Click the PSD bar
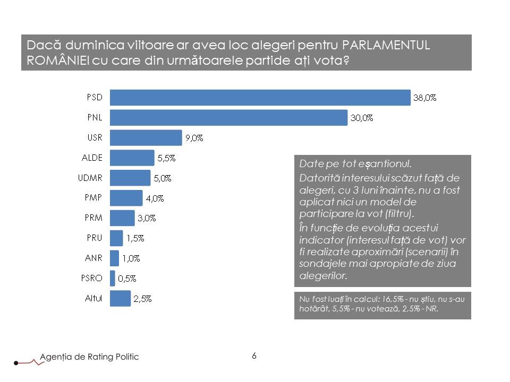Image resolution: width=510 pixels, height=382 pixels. point(260,98)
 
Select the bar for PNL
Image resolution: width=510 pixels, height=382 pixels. point(228,118)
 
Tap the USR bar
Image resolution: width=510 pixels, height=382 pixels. point(146,138)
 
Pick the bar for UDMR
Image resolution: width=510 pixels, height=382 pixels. point(130,178)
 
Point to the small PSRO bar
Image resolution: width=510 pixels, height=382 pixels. point(112,278)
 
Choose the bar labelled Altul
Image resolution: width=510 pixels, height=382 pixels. point(120,298)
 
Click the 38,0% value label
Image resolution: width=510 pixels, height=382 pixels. point(424,98)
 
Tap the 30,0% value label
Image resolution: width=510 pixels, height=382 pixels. point(362,118)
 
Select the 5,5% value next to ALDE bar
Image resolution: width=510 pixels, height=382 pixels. point(166,158)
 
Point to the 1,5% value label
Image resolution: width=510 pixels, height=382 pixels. point(135,238)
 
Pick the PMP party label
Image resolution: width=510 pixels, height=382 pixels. point(93,197)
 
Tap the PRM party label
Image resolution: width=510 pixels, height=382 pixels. point(93,218)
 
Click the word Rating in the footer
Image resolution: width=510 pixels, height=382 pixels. point(100,357)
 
